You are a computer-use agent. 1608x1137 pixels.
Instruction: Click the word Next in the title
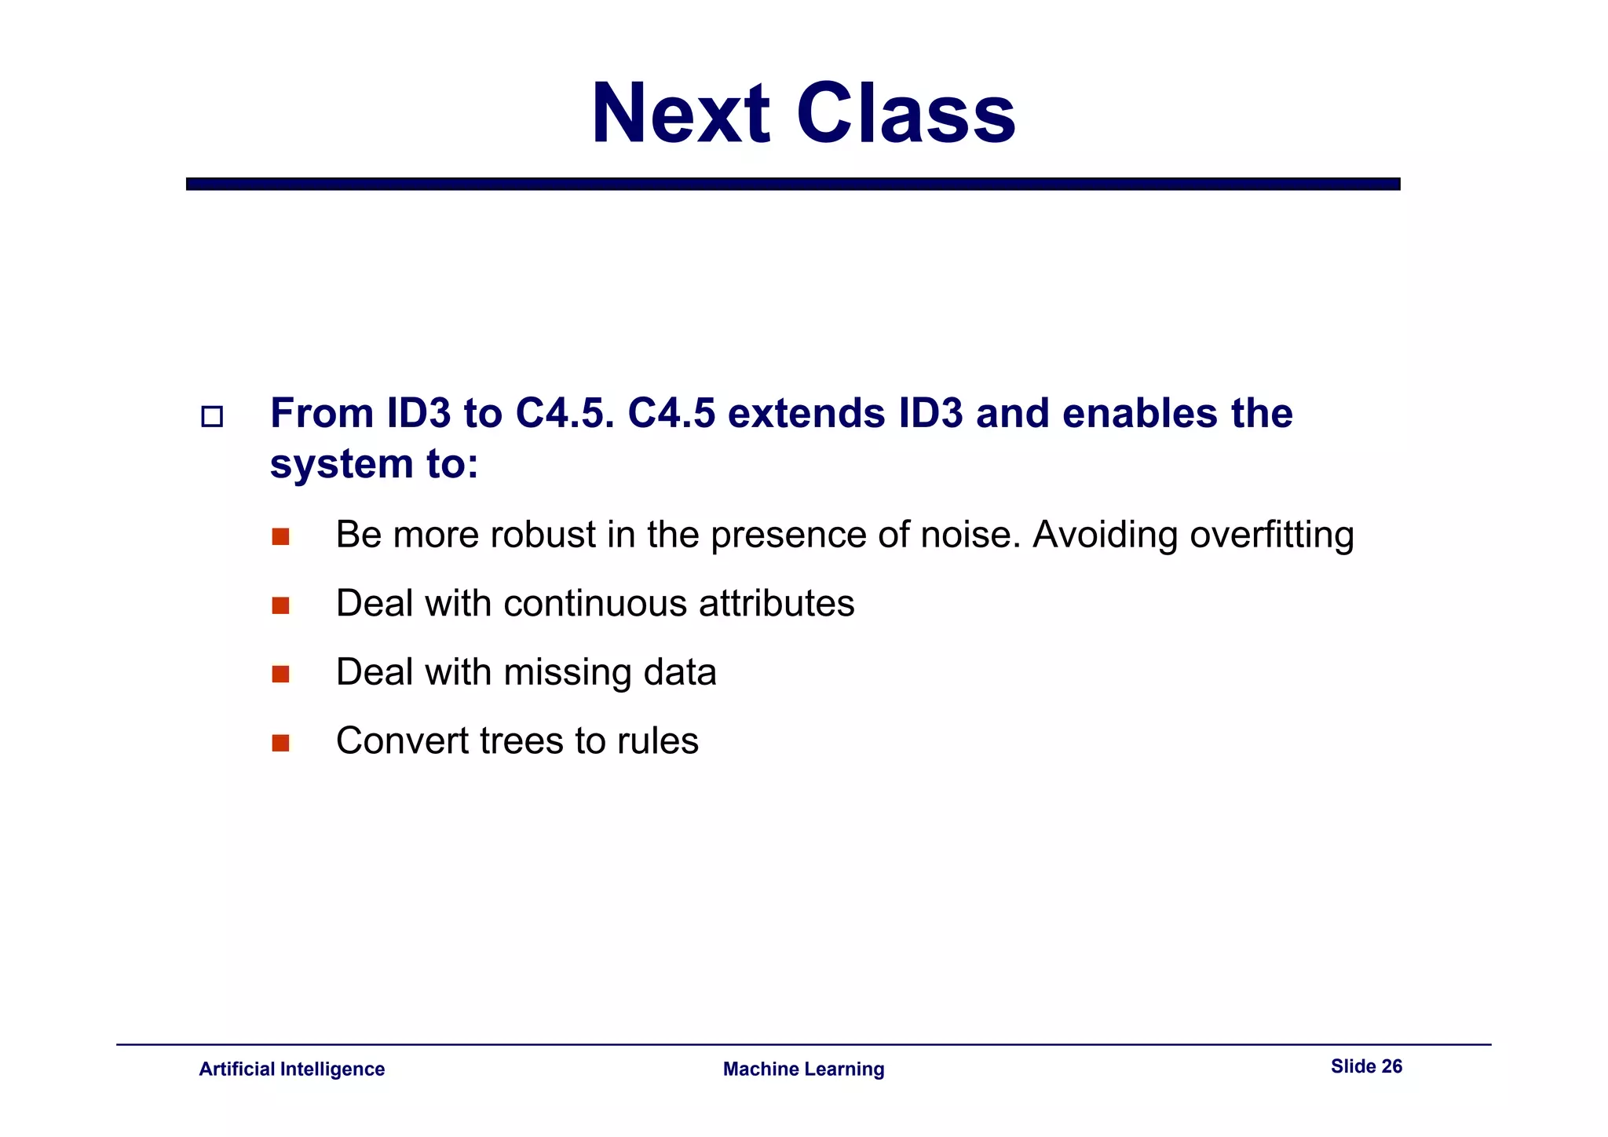pos(680,114)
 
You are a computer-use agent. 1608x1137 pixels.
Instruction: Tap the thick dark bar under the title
pos(793,184)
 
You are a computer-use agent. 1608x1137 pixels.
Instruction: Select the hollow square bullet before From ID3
pos(212,416)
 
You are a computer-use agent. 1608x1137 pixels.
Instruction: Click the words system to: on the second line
pos(374,463)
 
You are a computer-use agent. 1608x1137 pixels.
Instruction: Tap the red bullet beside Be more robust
pos(280,537)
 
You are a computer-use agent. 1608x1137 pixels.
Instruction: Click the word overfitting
pos(1271,536)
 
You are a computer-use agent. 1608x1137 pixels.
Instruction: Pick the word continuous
pos(595,604)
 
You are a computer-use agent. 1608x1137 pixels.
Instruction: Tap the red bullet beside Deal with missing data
pos(280,675)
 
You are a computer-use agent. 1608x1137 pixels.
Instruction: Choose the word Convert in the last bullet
pos(401,740)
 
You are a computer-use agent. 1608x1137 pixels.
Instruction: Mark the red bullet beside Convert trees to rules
pos(280,743)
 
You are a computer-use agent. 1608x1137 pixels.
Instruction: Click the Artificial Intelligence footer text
pos(291,1069)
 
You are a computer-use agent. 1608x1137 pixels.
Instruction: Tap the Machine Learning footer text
pos(803,1069)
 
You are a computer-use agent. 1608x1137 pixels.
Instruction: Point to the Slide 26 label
pos(1366,1066)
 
